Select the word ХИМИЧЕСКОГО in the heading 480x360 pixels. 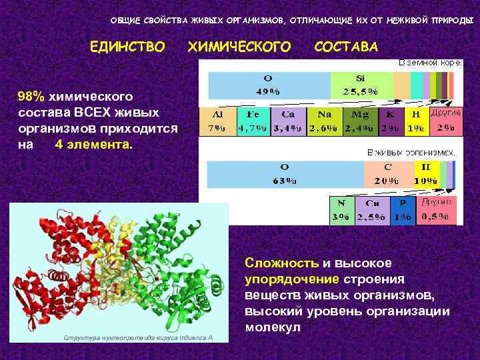[x=240, y=47]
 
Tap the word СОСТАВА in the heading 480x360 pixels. [x=345, y=47]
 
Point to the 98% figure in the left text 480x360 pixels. [x=31, y=98]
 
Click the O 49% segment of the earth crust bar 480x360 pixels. [x=270, y=85]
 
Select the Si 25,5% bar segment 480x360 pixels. [x=361, y=85]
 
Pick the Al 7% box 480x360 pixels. [x=218, y=121]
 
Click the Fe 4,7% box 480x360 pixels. [x=254, y=121]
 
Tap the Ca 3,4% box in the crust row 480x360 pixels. [x=288, y=121]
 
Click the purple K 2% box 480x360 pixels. [x=391, y=121]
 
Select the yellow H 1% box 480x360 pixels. [x=416, y=121]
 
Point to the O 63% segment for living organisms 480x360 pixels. [x=286, y=175]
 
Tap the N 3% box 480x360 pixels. [x=342, y=209]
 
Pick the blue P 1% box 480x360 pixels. [x=402, y=209]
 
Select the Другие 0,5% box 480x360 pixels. [x=437, y=209]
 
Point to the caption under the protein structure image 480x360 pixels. [x=138, y=338]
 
